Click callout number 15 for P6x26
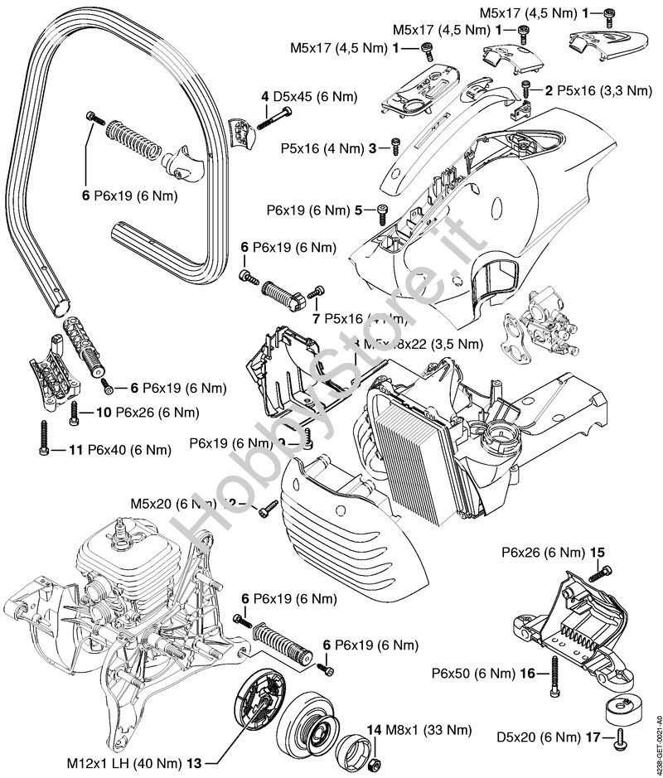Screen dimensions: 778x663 597,551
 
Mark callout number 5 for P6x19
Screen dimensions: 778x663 359,210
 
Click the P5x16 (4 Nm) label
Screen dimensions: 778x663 323,148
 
